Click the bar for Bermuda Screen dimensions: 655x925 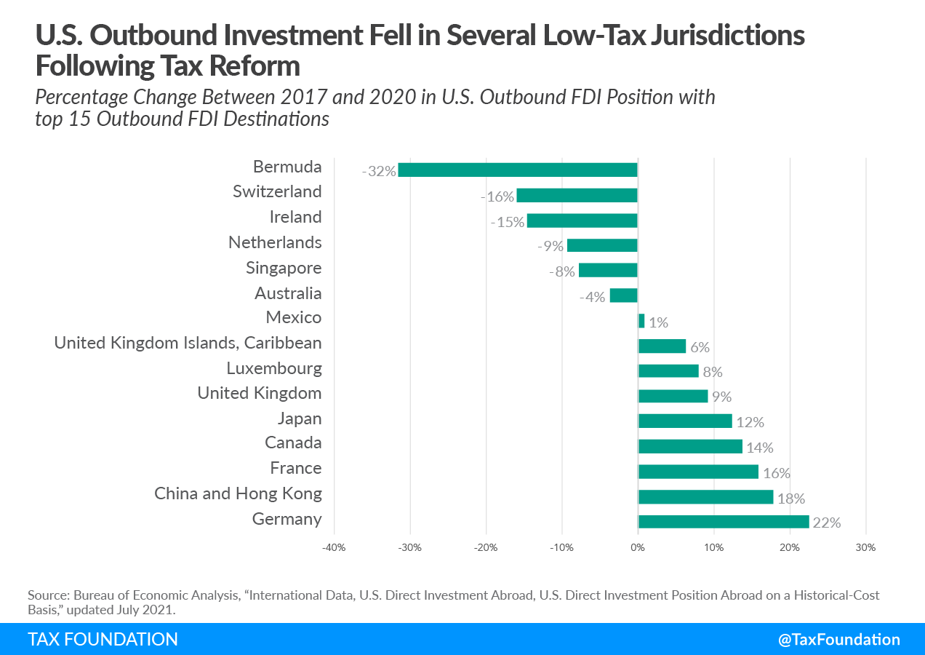(x=518, y=170)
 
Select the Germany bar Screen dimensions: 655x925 (x=724, y=522)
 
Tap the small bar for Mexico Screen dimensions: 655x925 (x=641, y=321)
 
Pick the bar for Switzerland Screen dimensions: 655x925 (x=577, y=195)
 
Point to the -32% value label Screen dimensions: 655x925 (x=379, y=172)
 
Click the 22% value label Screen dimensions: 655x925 (x=827, y=523)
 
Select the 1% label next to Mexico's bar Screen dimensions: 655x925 (x=658, y=322)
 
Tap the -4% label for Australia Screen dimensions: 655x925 (x=592, y=297)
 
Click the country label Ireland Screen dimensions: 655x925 (x=295, y=217)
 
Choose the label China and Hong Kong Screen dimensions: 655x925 (x=238, y=493)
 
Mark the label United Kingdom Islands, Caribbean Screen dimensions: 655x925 (x=188, y=342)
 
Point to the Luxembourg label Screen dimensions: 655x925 (x=273, y=368)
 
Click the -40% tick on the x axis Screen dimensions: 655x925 (x=334, y=548)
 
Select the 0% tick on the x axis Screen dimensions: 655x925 (x=638, y=548)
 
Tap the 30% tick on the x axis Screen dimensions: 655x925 (x=865, y=548)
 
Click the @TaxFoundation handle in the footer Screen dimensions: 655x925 (x=838, y=640)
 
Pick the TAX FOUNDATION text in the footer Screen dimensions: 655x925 (x=103, y=640)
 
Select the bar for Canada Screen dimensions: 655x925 (x=690, y=446)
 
